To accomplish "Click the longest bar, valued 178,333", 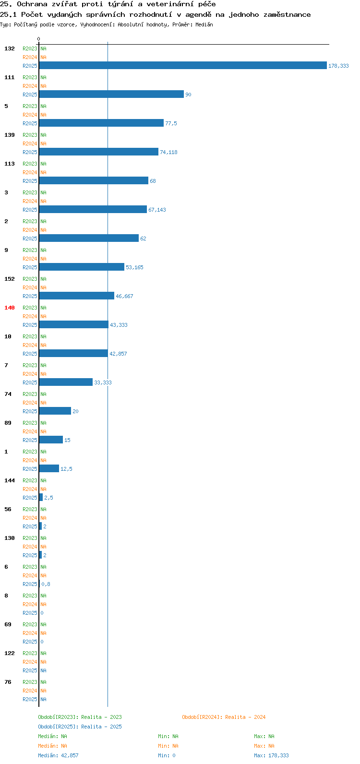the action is click(183, 65).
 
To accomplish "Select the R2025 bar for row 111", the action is click(111, 94).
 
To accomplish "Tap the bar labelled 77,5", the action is click(101, 123).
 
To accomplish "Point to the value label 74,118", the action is click(168, 152).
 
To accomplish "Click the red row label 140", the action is click(10, 308).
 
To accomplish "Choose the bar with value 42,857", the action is click(73, 353).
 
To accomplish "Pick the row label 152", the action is click(10, 279).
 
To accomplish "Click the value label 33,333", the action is click(103, 382).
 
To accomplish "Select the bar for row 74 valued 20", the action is click(55, 411).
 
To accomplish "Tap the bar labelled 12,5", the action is click(49, 469).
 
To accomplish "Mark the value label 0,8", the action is click(46, 584).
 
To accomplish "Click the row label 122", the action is click(10, 653).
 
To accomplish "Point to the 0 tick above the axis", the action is click(38, 39).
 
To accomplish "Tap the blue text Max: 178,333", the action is click(271, 755).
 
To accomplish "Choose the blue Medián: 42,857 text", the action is click(58, 755).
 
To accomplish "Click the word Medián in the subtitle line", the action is click(204, 24).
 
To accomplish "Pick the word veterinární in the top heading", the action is click(170, 4).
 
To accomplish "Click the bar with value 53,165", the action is click(82, 267).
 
